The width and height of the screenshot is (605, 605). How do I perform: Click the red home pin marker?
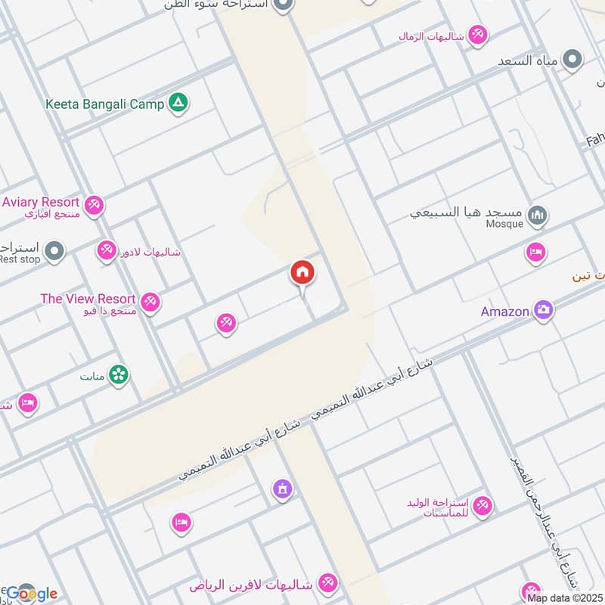tap(302, 273)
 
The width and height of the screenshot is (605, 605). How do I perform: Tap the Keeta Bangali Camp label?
tap(104, 104)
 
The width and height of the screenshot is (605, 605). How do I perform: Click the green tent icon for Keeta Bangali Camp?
tap(178, 102)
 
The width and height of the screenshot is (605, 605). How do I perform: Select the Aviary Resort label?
tap(41, 202)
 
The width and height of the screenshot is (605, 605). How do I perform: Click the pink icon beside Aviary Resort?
tap(94, 204)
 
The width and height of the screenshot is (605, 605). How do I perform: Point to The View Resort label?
tap(88, 299)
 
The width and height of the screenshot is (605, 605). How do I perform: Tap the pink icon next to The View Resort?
tap(150, 302)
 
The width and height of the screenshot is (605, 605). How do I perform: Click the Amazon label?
tap(504, 312)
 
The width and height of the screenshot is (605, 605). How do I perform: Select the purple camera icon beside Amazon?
tap(543, 309)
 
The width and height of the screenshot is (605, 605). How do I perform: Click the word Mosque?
tap(504, 224)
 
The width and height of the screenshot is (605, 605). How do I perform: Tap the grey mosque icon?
tap(538, 216)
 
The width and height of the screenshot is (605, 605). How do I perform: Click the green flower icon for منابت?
tap(119, 374)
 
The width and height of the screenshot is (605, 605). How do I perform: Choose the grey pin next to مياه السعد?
tap(573, 59)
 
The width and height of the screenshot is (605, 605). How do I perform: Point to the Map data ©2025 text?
tap(564, 598)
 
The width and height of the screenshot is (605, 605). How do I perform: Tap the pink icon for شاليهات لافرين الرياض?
tap(328, 584)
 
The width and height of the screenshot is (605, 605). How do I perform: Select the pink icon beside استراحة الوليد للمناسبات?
tap(482, 505)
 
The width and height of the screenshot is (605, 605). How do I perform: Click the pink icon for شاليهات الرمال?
tap(477, 34)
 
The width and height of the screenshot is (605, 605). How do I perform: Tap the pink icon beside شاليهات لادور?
tap(107, 250)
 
